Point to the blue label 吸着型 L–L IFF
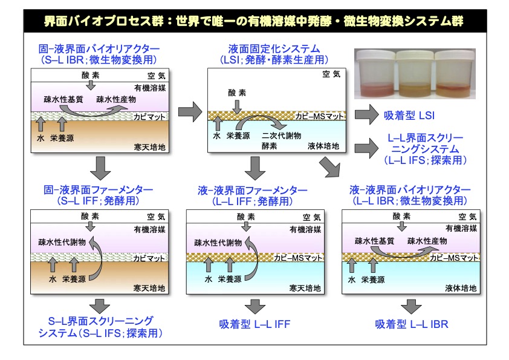tap(254, 324)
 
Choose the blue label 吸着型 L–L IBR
tap(410, 324)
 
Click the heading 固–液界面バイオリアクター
tap(93, 48)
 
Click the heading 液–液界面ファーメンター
tap(254, 191)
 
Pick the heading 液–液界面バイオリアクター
tap(410, 191)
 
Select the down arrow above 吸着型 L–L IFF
tap(254, 305)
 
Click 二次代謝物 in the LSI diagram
tap(279, 136)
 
